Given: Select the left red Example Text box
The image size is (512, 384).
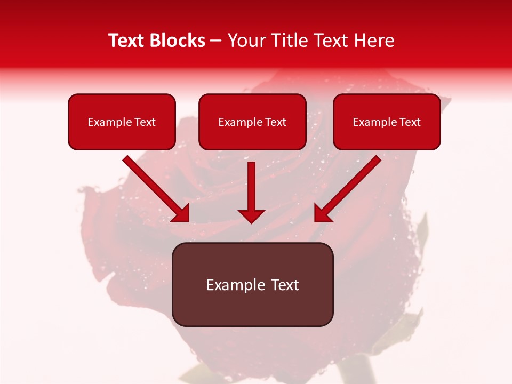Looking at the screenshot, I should coord(122,122).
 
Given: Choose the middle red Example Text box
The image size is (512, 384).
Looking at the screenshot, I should coord(252,122).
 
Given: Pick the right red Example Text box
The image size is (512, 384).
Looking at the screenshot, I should coord(387,122).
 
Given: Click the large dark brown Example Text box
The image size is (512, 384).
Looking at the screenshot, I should coord(252,285).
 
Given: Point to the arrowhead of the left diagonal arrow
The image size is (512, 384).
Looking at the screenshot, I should coord(181,213).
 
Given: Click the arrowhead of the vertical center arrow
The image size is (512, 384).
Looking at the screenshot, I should coord(251,215).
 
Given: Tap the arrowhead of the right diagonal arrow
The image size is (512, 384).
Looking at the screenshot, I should coord(322,213).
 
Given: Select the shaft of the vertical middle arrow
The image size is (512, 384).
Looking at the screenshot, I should coord(251,184).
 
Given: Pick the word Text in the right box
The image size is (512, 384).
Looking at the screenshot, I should coord(410,122).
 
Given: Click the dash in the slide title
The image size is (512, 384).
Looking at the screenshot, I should coord(217,41).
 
